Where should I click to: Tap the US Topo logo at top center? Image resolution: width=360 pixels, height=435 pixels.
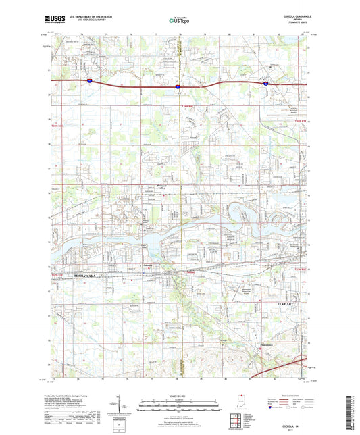click(179, 21)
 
